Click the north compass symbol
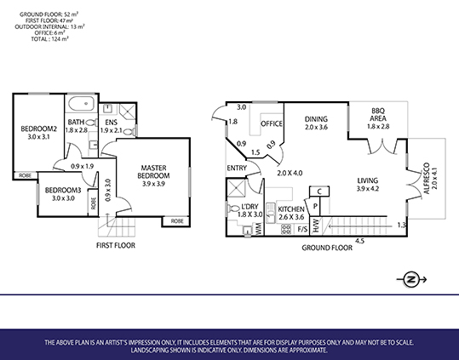point(411,279)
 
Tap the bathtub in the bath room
point(82,104)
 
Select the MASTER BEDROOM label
point(153,172)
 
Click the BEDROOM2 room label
point(38,129)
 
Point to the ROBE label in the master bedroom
point(177,221)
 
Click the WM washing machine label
point(259,229)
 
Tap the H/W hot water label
point(316,226)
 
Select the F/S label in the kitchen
point(302,229)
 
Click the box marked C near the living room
point(319,191)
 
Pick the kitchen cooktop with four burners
point(286,229)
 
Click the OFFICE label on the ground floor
point(272,124)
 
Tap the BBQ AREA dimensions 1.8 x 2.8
point(378,126)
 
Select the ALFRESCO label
point(427,178)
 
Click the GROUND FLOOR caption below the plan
point(327,248)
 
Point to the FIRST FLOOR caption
point(116,245)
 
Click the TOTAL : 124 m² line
point(49,39)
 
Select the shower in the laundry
point(236,187)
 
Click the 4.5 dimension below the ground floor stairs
point(359,241)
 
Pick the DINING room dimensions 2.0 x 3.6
point(316,127)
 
